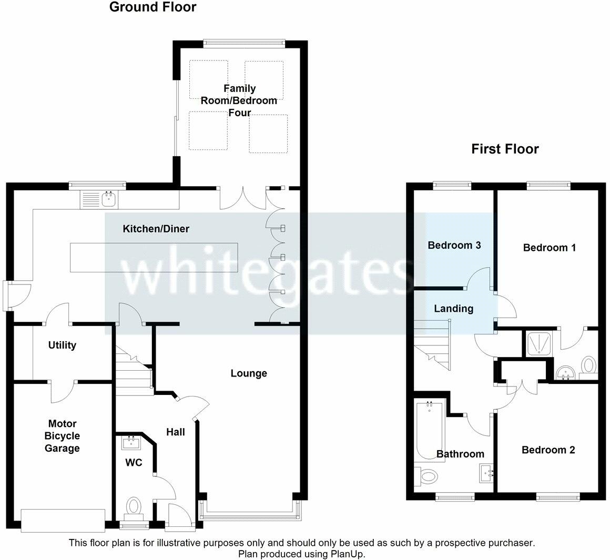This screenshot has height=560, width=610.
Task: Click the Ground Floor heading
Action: [153, 7]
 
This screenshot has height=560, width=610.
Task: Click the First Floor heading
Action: [505, 149]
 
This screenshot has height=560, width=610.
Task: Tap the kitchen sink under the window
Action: [99, 199]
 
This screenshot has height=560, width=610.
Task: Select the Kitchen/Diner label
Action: [156, 229]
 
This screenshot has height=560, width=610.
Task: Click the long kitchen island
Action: [154, 258]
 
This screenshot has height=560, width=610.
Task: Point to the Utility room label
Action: [62, 345]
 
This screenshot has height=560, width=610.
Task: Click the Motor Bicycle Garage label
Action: [62, 436]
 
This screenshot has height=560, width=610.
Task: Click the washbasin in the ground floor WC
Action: [131, 443]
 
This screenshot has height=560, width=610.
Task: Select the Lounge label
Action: [249, 373]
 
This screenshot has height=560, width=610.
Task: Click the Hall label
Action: [176, 432]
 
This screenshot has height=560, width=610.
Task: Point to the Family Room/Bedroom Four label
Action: [239, 101]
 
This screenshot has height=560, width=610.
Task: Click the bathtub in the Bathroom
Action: [430, 431]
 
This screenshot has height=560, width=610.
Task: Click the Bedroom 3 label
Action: [454, 246]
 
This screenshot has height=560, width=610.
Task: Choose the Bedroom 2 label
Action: [548, 450]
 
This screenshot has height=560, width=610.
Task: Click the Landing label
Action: [454, 309]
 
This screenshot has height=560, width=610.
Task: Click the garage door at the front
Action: [63, 521]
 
